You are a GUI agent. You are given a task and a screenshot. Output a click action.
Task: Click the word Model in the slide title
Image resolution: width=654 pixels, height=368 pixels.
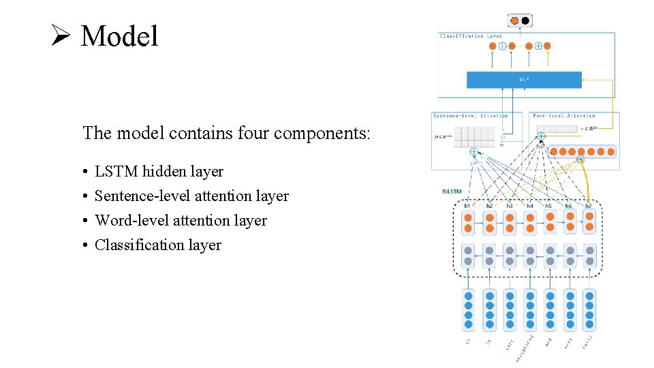(119, 35)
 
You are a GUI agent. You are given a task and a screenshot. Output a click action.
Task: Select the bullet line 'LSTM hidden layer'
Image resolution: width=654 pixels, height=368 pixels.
(159, 172)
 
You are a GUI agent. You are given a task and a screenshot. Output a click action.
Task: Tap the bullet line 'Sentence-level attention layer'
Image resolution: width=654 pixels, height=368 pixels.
(191, 196)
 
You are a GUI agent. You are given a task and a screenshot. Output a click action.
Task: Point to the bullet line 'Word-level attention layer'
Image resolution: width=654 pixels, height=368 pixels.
(181, 221)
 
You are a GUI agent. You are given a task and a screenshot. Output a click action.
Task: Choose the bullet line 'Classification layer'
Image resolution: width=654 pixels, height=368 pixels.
(158, 245)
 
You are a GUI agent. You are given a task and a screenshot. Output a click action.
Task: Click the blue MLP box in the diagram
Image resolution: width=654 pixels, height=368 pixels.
(524, 80)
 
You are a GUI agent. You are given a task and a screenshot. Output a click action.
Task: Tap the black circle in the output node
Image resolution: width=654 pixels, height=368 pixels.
(525, 20)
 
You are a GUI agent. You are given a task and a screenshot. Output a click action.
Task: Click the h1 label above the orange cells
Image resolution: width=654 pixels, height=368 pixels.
(468, 204)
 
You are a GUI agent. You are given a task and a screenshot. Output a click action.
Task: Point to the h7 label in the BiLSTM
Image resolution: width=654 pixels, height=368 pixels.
(589, 204)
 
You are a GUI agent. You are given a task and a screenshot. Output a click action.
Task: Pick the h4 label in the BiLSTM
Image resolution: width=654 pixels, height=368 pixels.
(529, 204)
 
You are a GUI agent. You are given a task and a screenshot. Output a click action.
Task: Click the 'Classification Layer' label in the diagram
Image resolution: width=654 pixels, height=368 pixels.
(471, 36)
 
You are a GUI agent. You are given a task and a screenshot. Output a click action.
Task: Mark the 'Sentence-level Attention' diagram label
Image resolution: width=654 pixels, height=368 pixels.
(471, 116)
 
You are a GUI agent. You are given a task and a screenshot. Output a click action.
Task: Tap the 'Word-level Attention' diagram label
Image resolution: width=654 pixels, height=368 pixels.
(564, 116)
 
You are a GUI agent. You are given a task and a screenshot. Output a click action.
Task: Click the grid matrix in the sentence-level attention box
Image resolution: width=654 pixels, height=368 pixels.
(474, 138)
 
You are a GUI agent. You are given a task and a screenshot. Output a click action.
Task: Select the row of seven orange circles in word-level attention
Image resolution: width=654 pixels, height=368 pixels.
(582, 152)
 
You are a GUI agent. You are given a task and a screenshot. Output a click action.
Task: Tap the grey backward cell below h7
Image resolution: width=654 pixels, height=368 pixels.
(589, 256)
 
